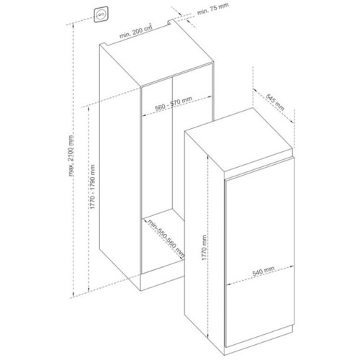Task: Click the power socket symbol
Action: click(x=101, y=14)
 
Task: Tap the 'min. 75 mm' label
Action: click(x=212, y=9)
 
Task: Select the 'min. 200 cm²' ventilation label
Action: click(x=136, y=31)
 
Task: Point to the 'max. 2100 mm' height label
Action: click(x=71, y=156)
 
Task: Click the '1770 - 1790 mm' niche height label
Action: click(x=93, y=186)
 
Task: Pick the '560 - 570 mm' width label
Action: click(x=174, y=104)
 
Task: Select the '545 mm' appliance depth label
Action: click(x=275, y=102)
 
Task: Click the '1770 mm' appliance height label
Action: click(x=204, y=248)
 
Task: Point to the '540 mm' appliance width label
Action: click(x=264, y=271)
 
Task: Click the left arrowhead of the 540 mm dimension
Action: click(x=229, y=284)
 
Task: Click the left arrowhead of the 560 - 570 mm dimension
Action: click(x=144, y=115)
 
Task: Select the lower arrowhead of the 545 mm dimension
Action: click(x=292, y=122)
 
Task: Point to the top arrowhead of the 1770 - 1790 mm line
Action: click(x=89, y=109)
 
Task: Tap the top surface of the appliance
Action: click(x=239, y=140)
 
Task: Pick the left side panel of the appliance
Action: click(x=204, y=252)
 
